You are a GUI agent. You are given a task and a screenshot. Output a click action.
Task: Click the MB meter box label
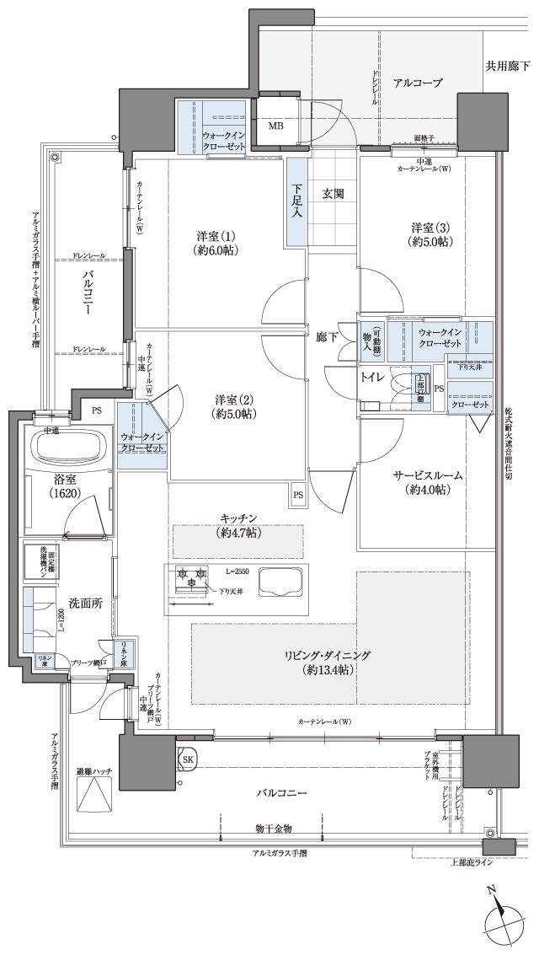click(276, 126)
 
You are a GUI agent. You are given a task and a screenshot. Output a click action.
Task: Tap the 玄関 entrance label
click(334, 194)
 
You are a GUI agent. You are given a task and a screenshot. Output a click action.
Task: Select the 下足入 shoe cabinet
click(296, 202)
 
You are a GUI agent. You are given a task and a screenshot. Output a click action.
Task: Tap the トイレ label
click(374, 379)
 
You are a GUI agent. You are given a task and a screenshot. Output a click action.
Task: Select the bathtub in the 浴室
click(67, 446)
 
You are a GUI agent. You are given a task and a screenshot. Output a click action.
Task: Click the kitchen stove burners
click(190, 579)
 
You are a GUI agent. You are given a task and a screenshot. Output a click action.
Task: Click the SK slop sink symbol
click(188, 759)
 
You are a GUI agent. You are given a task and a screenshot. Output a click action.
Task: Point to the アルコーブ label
click(418, 83)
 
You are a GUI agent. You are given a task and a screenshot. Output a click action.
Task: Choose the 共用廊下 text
click(508, 66)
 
